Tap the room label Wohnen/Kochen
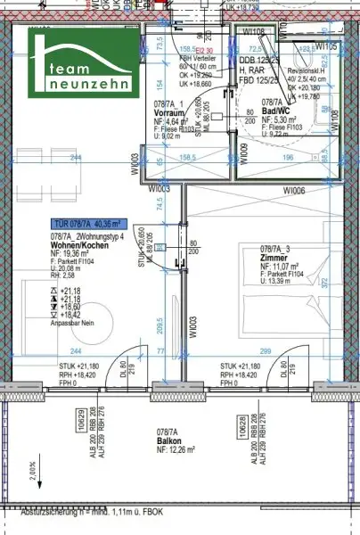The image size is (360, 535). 76,243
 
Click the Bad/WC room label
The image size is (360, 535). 264,113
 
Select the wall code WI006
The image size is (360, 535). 294,191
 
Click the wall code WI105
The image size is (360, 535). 326,45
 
